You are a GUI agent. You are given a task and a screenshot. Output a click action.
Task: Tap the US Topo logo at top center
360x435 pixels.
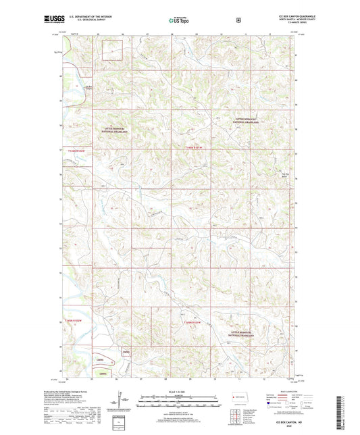coord(178,21)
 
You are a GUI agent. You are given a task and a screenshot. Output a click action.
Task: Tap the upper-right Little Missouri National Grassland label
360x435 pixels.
coord(251,120)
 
